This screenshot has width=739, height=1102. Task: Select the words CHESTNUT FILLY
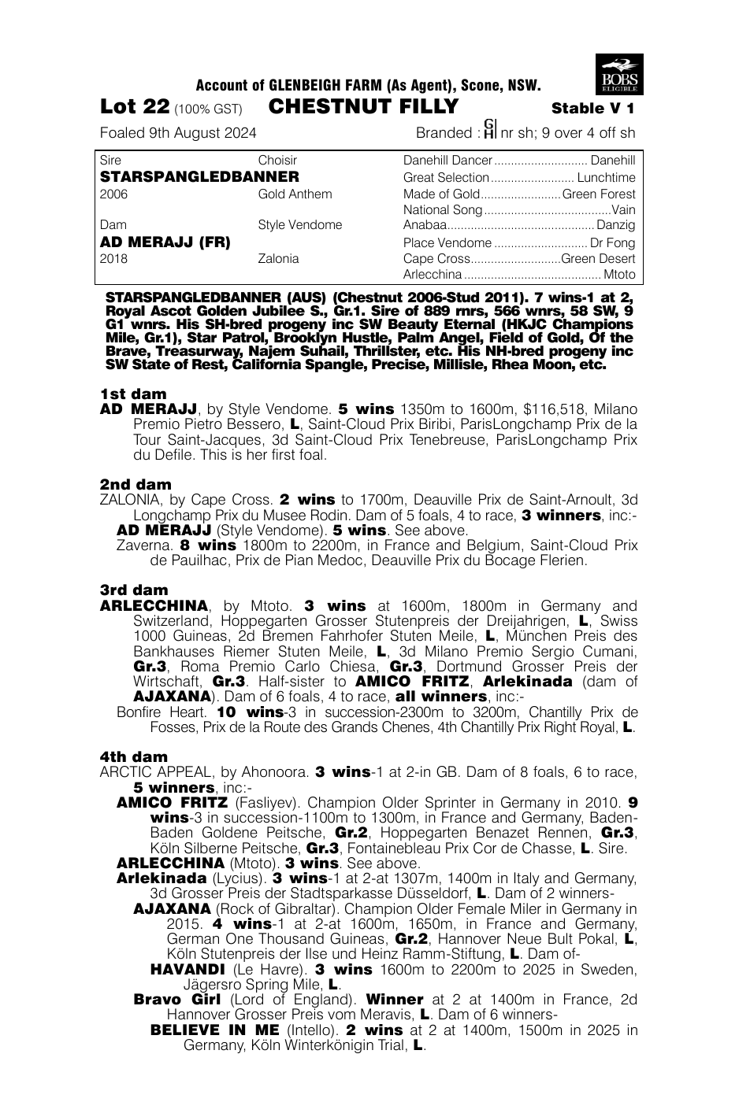363,107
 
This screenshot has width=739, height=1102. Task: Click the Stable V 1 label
593,109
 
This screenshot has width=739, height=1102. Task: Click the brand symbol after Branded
489,129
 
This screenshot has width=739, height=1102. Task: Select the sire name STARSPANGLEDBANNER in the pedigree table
199,177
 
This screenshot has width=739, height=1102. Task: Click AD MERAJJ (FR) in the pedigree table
165,242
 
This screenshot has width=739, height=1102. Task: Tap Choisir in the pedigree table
277,161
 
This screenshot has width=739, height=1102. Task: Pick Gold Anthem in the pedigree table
295,194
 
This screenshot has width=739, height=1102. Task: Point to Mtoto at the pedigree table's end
619,275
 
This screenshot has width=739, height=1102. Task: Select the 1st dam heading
133,394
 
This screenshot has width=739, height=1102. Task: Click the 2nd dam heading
136,484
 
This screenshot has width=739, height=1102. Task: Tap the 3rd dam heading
135,590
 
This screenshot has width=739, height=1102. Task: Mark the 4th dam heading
134,756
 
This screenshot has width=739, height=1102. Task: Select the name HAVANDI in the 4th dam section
188,969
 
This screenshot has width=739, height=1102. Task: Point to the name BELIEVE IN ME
214,1030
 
